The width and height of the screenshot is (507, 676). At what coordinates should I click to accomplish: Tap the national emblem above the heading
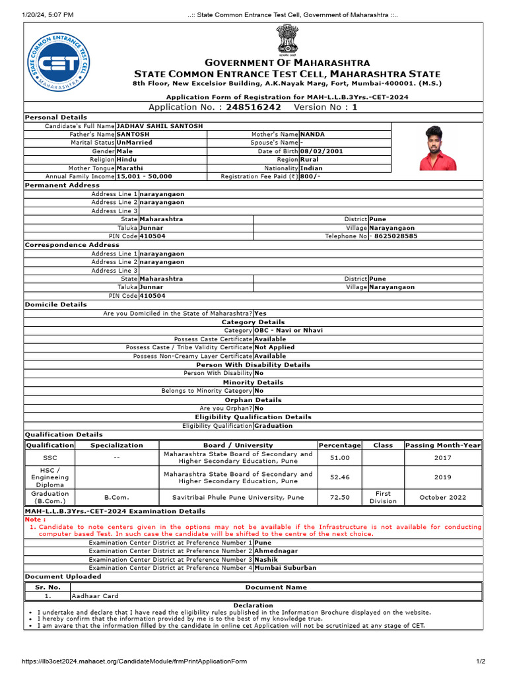[287, 40]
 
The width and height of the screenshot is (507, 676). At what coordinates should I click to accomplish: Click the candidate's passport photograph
[438, 148]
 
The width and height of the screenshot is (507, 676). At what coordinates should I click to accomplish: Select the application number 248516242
[253, 107]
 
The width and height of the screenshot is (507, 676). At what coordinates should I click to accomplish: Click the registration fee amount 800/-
[310, 176]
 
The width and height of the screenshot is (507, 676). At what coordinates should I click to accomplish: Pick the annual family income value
[144, 176]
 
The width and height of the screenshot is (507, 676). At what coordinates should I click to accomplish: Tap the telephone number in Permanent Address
[395, 236]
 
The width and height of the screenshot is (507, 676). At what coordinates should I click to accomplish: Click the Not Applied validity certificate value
[275, 347]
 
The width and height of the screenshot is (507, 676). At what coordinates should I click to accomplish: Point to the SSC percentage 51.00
[340, 457]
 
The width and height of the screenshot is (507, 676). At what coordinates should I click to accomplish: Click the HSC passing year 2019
[443, 477]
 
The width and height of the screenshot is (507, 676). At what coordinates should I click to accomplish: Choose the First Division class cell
[383, 497]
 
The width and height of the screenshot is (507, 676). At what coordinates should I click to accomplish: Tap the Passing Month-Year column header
[443, 445]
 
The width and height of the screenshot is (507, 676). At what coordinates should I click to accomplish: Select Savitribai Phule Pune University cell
[238, 497]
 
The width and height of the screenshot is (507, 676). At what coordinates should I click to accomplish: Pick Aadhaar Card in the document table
[96, 595]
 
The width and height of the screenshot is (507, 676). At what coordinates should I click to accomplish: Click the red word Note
[35, 519]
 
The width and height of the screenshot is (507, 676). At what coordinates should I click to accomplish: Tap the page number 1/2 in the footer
[481, 661]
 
